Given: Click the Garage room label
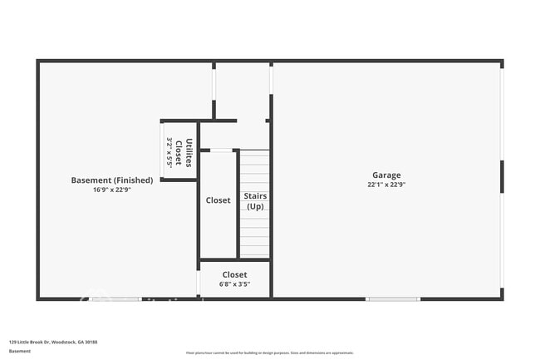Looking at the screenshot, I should pos(386,175).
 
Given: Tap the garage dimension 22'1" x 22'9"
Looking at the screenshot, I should pos(386,185).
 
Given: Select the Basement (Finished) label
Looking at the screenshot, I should pos(112,180).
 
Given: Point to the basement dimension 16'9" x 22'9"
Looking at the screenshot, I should pos(112,190).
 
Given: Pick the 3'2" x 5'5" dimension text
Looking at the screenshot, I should pos(170,152).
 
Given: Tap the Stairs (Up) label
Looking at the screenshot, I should pos(255,201).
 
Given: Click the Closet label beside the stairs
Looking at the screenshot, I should pos(218,200).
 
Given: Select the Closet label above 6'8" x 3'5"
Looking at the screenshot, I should pos(234,274).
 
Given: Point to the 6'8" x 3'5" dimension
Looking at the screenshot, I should pos(234,284).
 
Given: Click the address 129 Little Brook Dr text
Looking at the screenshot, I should pos(53,342).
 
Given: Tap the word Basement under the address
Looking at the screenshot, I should pos(20,351).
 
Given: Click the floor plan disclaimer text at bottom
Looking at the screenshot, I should pos(270,353).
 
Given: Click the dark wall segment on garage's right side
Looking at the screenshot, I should pos(502,177).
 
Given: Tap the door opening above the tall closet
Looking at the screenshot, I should pos(221,150).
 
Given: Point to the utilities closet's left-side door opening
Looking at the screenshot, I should pos(162,150).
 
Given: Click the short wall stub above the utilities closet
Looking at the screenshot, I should pos(214,109).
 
